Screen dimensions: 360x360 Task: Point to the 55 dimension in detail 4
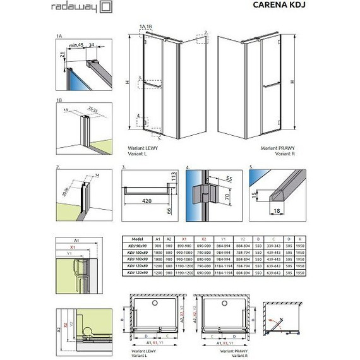(229, 179)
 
